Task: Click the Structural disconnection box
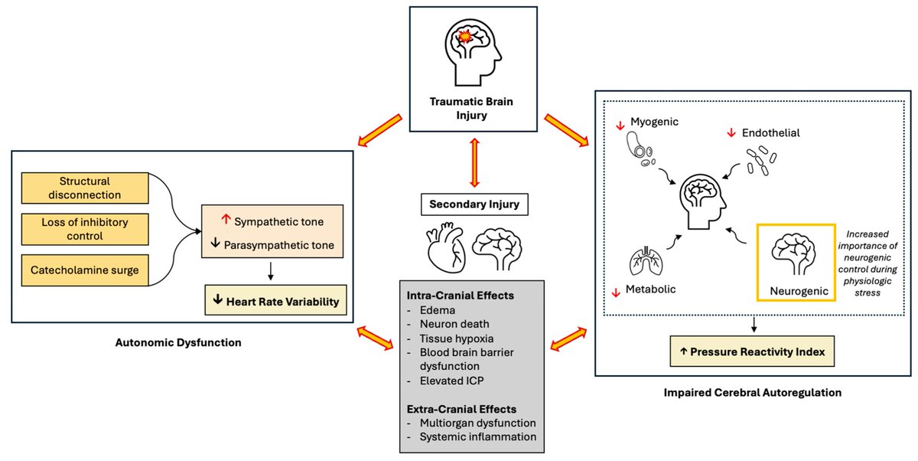coord(85,188)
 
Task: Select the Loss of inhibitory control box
coord(85,229)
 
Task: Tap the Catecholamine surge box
coord(85,270)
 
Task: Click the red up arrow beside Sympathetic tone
coord(226,219)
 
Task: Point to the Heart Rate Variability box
coord(275,300)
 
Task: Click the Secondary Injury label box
coord(474,204)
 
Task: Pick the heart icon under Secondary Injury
coord(446,247)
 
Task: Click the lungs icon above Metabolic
coord(646,261)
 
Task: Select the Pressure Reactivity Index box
coord(752,351)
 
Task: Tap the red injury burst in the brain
coord(465,37)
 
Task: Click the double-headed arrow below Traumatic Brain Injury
coord(474,162)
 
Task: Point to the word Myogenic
coord(654,122)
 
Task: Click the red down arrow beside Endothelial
coord(731,133)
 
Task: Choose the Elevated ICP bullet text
coord(451,381)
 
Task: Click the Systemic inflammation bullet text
coord(478,436)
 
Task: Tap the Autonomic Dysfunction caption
coord(178,342)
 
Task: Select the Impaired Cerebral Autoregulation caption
coord(753,393)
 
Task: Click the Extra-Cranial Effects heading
coord(461,409)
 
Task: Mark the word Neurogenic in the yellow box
coord(799,291)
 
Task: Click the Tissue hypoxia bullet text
coord(457,338)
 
